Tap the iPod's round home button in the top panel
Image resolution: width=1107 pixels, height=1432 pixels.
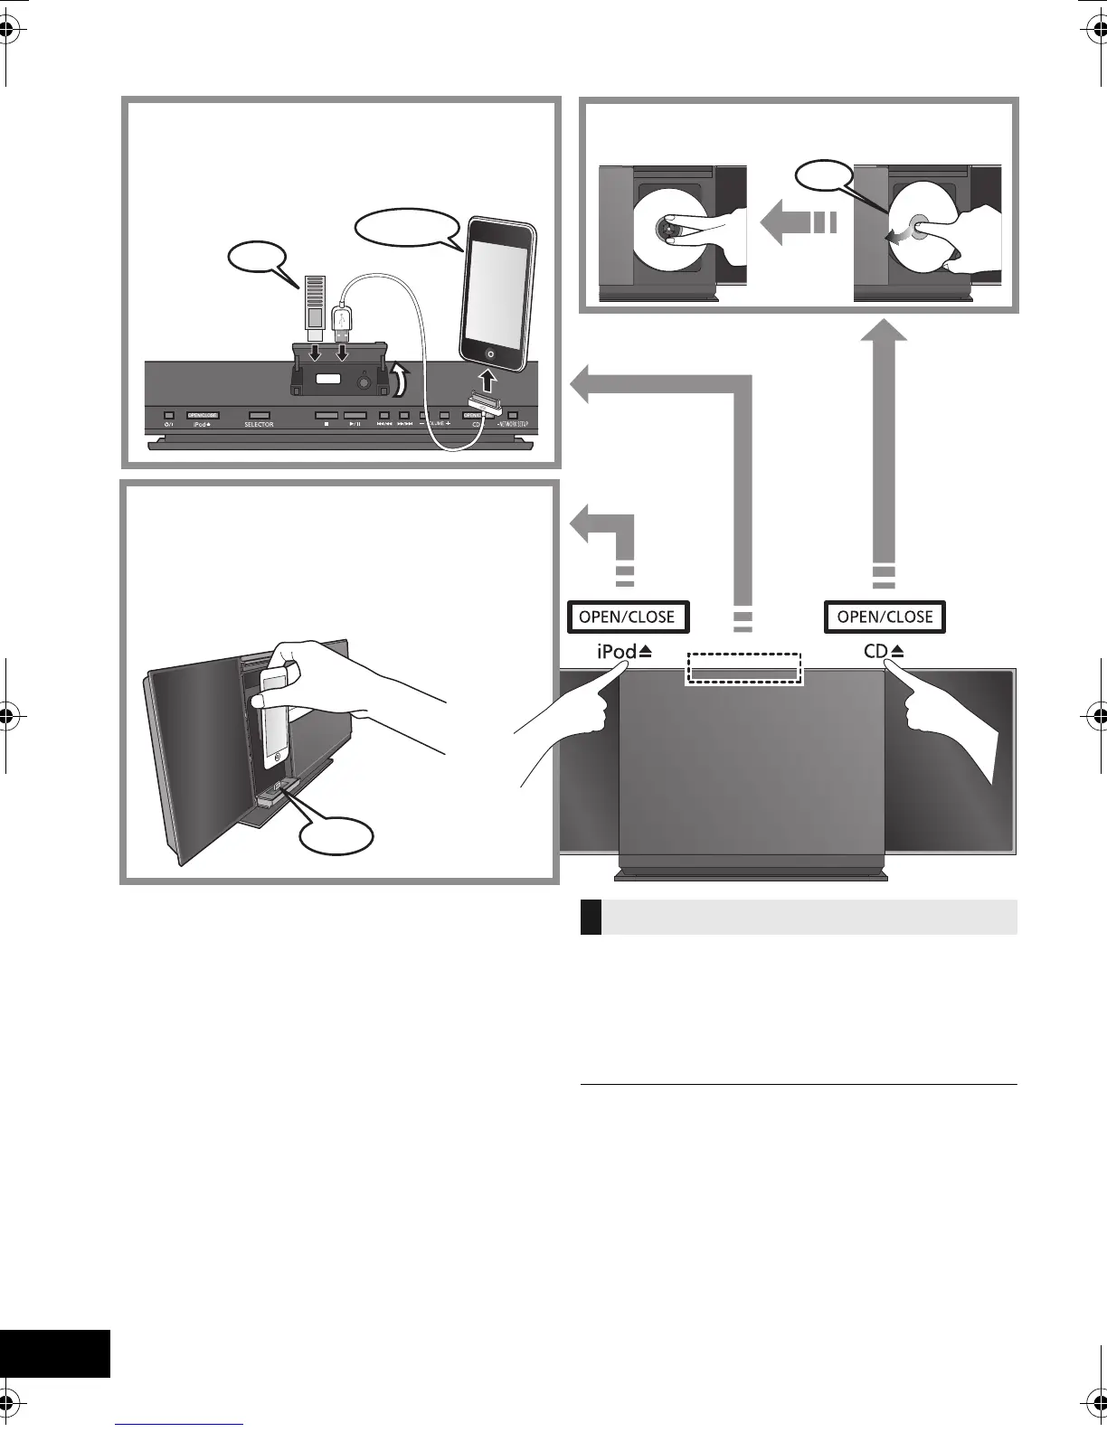(x=489, y=354)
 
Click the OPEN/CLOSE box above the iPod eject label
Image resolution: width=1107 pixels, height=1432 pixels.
(x=628, y=617)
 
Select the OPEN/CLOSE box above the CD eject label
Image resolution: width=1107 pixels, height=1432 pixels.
(x=885, y=617)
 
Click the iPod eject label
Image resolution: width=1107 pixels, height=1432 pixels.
(x=624, y=651)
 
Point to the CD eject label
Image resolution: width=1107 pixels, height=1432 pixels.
(x=885, y=651)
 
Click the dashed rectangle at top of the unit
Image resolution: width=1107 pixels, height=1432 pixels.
(x=743, y=668)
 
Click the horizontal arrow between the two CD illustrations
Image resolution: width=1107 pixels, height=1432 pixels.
(x=798, y=223)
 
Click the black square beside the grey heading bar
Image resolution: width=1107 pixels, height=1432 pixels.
(x=591, y=917)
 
